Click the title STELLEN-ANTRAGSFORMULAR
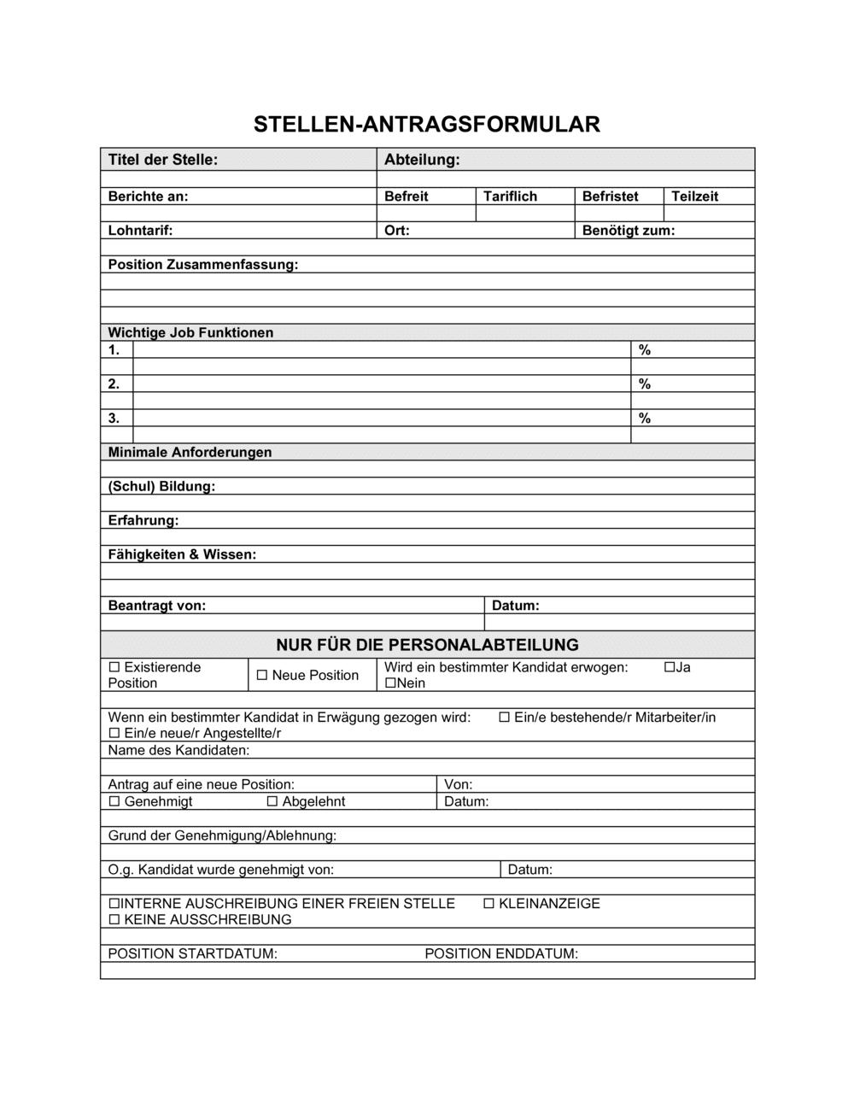tap(427, 125)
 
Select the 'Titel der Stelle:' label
tap(163, 160)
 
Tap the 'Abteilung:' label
tap(422, 160)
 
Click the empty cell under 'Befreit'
tap(425, 214)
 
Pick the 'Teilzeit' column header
tap(694, 196)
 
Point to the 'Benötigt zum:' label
tap(629, 231)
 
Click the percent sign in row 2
tap(645, 384)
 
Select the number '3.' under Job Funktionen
tap(114, 419)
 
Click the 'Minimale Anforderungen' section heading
tap(190, 453)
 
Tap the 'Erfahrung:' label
tap(143, 521)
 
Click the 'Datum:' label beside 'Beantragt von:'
tap(515, 606)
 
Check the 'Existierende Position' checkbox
tap(114, 667)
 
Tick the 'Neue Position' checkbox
tap(262, 676)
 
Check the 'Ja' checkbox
tap(670, 667)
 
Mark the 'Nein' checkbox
tap(390, 683)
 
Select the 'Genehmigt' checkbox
tap(114, 802)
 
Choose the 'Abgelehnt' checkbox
tap(272, 802)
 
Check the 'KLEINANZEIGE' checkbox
tap(489, 904)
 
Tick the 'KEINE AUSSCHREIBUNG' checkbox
tap(114, 920)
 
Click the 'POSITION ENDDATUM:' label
tap(501, 954)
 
